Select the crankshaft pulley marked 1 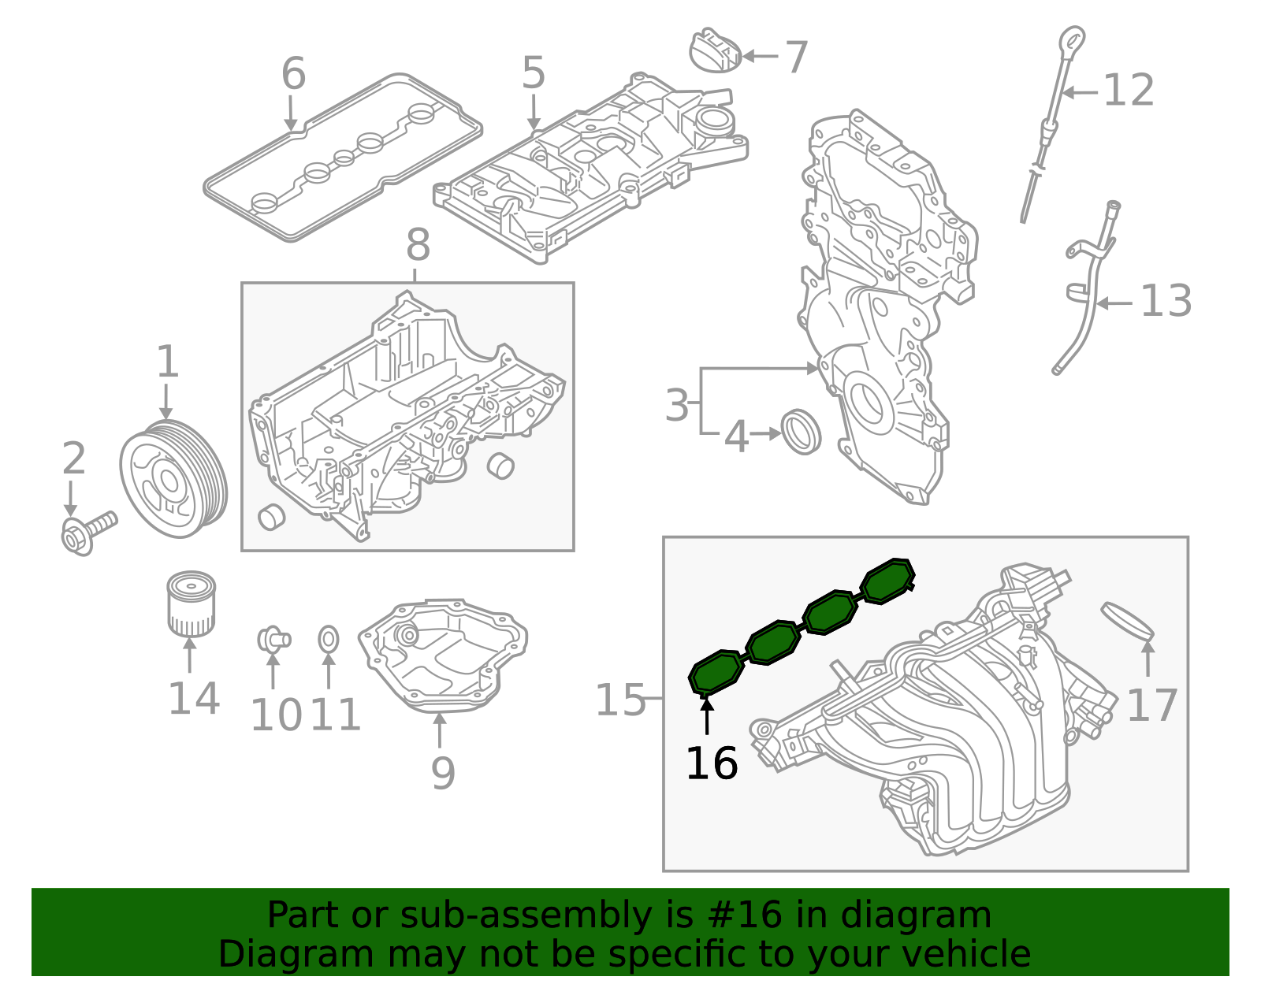(173, 479)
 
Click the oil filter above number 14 (191, 604)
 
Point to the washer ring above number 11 (329, 639)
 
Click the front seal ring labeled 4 (801, 432)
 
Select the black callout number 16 (712, 763)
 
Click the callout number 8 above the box (418, 245)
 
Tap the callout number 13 (1166, 301)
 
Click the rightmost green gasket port (887, 581)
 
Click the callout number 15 (620, 700)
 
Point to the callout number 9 (443, 773)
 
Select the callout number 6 (293, 74)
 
